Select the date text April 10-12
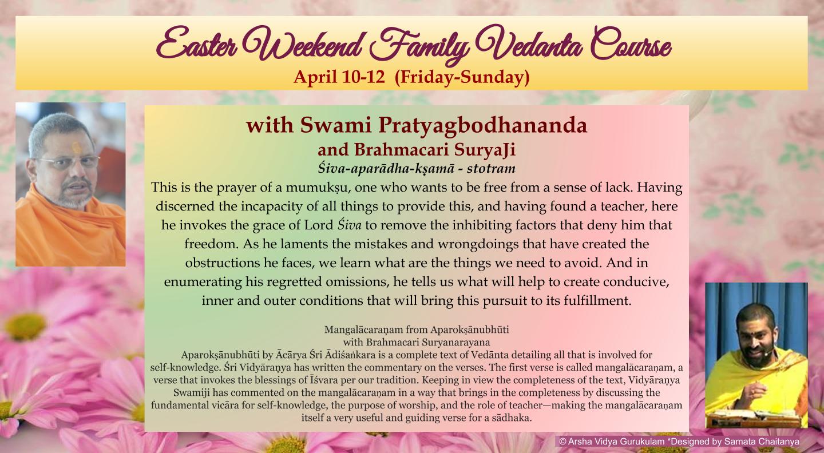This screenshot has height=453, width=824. pos(339,77)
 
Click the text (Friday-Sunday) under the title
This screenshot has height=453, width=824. pos(462,77)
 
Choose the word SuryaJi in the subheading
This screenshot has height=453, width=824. pos(485,150)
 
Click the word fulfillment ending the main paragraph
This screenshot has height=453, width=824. pos(597,301)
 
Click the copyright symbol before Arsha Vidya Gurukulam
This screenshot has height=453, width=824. pos(562,441)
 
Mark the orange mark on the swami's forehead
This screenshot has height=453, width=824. pos(76,148)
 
